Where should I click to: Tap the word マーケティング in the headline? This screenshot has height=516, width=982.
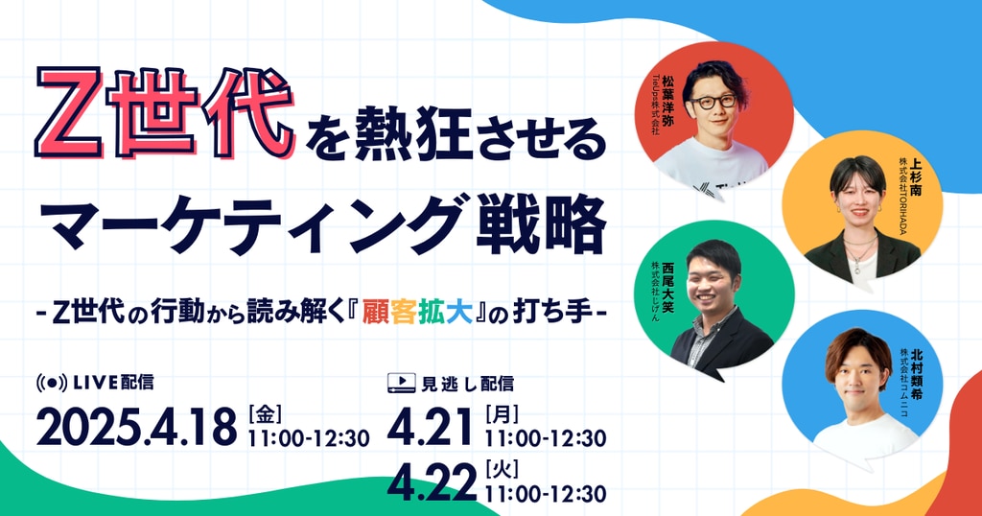tap(259, 224)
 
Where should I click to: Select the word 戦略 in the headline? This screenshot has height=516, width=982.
tap(541, 224)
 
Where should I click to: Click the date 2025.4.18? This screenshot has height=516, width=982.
tap(136, 427)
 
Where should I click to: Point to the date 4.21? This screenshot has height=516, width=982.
tap(431, 427)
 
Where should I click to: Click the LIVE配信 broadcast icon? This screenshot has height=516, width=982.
tap(52, 382)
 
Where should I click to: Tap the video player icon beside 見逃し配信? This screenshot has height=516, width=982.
tap(402, 383)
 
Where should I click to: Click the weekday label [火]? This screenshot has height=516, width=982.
tap(502, 469)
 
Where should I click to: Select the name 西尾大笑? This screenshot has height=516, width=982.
tap(667, 287)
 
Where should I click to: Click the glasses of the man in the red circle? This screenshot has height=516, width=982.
tap(713, 101)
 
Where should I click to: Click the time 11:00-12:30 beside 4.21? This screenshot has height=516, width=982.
tap(546, 438)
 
